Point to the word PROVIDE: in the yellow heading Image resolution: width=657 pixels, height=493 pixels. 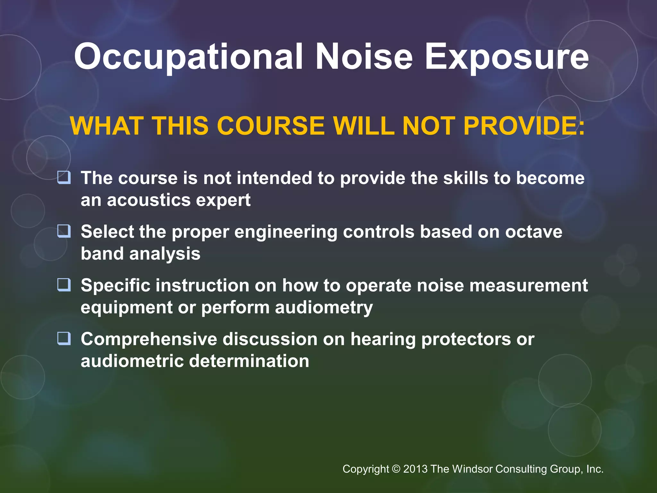(x=524, y=126)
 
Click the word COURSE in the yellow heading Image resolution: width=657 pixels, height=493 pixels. (x=271, y=126)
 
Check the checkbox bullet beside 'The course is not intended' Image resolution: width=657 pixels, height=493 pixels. (x=64, y=177)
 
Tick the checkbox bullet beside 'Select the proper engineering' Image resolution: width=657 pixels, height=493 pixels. (x=64, y=231)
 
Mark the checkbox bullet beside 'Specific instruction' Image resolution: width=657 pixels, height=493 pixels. (x=64, y=285)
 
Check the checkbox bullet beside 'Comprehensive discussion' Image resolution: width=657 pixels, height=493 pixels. (x=64, y=338)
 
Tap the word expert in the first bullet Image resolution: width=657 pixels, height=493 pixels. (x=223, y=201)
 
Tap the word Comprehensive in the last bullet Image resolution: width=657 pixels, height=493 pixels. (x=149, y=340)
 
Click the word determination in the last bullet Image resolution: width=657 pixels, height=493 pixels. (x=249, y=361)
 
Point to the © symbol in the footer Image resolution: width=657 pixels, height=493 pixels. (x=396, y=469)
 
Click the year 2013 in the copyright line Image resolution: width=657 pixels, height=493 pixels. (x=415, y=469)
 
